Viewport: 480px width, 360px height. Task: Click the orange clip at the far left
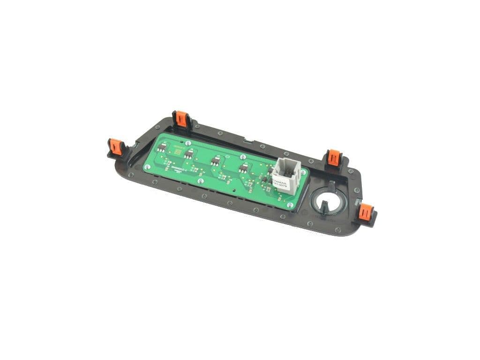tap(114, 146)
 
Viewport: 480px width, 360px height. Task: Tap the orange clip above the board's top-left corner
tap(181, 119)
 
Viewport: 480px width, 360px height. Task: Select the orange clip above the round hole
tap(334, 157)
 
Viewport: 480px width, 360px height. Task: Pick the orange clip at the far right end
tap(366, 213)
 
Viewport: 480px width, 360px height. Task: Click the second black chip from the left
tap(189, 154)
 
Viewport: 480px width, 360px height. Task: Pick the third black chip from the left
tap(216, 160)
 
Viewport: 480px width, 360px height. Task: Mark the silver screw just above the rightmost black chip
tap(242, 156)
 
